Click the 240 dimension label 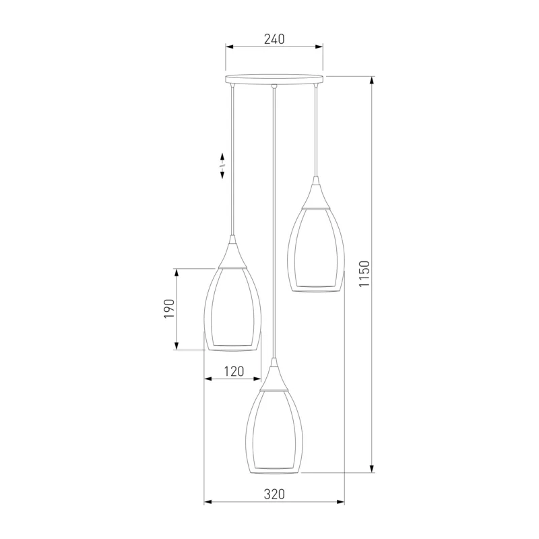pyautogui.click(x=274, y=39)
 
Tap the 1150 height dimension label pyautogui.click(x=364, y=274)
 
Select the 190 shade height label pyautogui.click(x=169, y=309)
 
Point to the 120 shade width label pyautogui.click(x=234, y=371)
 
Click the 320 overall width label pyautogui.click(x=274, y=495)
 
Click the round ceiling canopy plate pyautogui.click(x=274, y=80)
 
